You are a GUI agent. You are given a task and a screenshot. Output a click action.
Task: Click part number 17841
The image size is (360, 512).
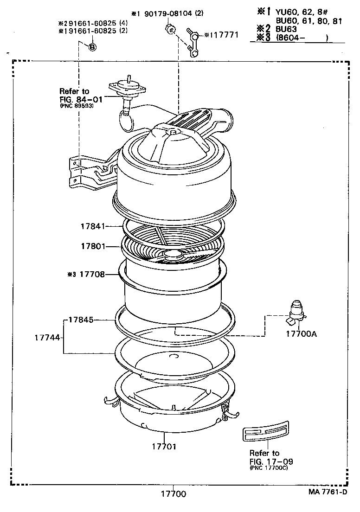pyautogui.click(x=93, y=226)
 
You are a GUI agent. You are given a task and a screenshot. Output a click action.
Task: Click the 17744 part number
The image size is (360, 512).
pyautogui.click(x=47, y=338)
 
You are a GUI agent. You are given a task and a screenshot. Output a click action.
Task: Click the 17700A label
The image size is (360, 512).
pyautogui.click(x=301, y=333)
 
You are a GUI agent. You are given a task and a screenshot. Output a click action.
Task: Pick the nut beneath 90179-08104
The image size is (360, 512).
pyautogui.click(x=170, y=31)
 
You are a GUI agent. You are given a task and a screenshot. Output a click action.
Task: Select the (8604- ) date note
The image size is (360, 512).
pyautogui.click(x=302, y=38)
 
